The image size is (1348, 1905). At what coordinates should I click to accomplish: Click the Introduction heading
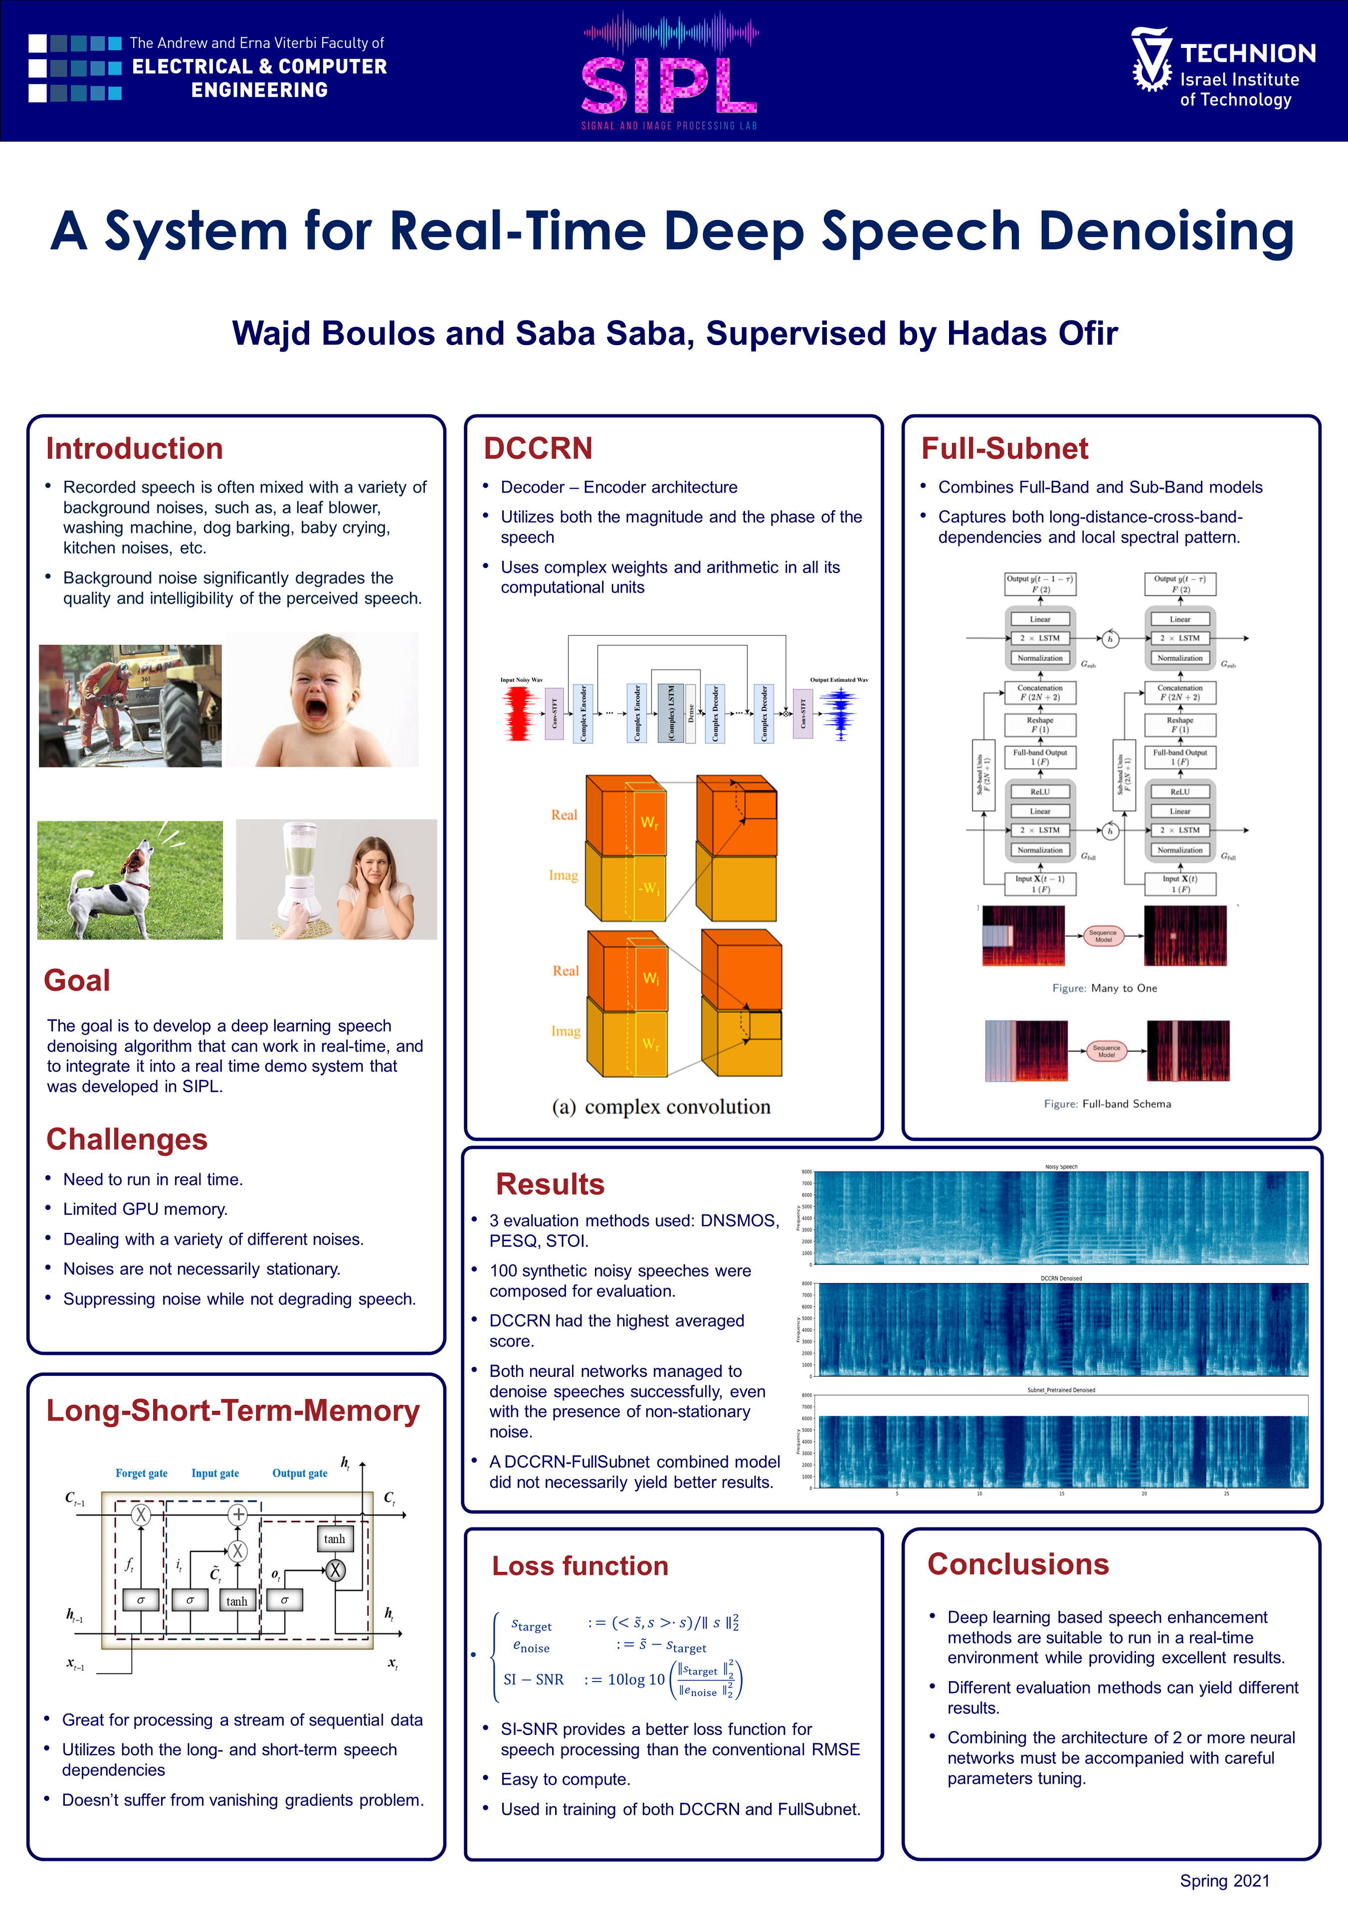135,448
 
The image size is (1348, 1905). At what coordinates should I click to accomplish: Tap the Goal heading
77,980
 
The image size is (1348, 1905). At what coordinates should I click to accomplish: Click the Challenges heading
127,1140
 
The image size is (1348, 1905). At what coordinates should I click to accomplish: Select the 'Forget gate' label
141,1473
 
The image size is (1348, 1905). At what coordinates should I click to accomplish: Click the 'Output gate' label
300,1473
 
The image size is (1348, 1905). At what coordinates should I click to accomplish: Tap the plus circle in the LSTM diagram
238,1514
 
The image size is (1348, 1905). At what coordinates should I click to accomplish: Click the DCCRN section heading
538,448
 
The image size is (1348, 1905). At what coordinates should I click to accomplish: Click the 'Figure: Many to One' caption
1104,988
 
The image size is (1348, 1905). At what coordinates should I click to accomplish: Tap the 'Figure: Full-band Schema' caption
1107,1104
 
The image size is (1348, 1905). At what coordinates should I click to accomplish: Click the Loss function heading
580,1565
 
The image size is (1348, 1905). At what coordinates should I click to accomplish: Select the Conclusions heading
1018,1564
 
